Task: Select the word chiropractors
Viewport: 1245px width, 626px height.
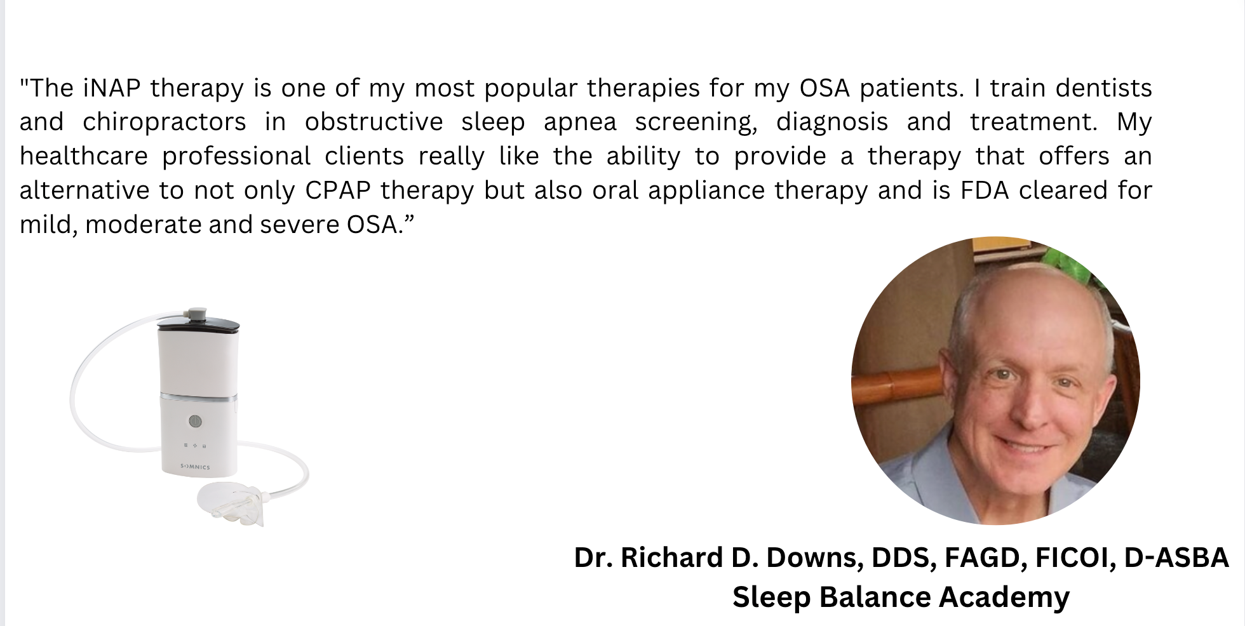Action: click(164, 122)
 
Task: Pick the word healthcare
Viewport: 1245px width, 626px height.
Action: click(84, 156)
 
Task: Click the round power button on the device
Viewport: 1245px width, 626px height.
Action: click(195, 421)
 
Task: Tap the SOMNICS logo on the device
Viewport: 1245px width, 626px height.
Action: click(195, 467)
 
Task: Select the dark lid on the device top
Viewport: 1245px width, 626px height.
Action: click(198, 325)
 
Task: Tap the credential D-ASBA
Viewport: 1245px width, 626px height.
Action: click(1176, 557)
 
